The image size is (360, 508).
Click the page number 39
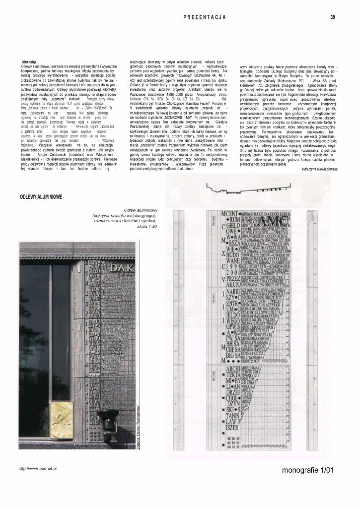point(332,17)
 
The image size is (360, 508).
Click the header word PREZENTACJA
point(205,17)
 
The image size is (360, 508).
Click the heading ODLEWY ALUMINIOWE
point(41,197)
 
